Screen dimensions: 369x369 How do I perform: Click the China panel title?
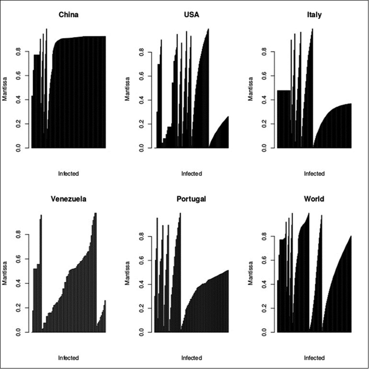pos(69,15)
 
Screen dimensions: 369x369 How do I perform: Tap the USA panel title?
pos(191,15)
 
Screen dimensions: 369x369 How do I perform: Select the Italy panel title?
pos(314,15)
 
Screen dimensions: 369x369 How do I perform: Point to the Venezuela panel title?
pos(69,199)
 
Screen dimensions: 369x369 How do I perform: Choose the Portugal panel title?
pos(191,199)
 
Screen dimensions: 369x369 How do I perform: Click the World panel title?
pos(314,199)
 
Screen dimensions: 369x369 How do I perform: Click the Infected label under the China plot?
pos(69,173)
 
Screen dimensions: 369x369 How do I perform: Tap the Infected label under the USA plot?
pos(191,173)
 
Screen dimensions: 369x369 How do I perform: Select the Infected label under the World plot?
pos(314,357)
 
